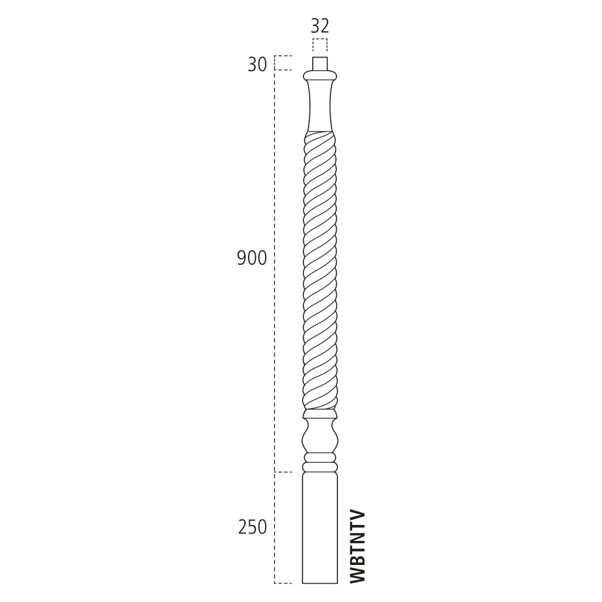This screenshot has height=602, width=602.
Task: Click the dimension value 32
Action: (320, 26)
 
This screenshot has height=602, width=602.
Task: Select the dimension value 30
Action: (257, 65)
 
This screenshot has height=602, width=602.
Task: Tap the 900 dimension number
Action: (252, 259)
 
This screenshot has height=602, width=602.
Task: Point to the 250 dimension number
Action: (252, 527)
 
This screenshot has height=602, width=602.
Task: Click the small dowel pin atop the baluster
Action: (320, 63)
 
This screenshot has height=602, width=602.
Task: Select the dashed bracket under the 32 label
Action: (320, 45)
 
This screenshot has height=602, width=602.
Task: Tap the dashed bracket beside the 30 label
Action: (283, 63)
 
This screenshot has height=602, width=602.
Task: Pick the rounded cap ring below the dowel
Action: (320, 75)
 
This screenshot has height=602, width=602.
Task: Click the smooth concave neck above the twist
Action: (320, 106)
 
